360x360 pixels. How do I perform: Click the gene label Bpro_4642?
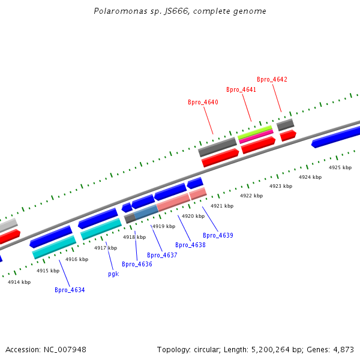(x=272, y=79)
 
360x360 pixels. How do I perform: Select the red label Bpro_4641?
(x=241, y=89)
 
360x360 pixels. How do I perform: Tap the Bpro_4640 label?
(x=203, y=102)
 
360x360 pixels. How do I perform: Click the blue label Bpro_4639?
(x=218, y=235)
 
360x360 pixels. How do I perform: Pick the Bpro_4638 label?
(x=190, y=245)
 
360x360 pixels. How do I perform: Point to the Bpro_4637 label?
(x=162, y=255)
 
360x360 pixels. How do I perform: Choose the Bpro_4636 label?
(x=137, y=264)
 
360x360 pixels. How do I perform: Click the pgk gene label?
(x=113, y=274)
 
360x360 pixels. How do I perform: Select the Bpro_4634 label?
(x=70, y=290)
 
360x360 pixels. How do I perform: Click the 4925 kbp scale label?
(x=340, y=167)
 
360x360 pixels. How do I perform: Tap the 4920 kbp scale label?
(x=193, y=216)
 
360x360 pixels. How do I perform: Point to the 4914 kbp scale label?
(x=19, y=281)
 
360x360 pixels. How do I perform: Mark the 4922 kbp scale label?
(x=251, y=196)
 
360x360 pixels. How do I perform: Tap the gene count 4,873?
(x=344, y=349)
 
